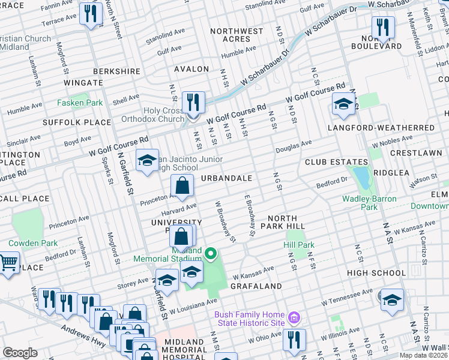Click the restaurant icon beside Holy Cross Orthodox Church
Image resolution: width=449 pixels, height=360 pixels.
click(x=193, y=103)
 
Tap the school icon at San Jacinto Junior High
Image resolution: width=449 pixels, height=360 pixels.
click(x=146, y=160)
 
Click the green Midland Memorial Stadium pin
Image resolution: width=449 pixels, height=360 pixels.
click(x=210, y=254)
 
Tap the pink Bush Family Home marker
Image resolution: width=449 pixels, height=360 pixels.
click(x=294, y=317)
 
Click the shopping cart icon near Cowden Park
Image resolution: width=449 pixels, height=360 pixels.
click(x=8, y=263)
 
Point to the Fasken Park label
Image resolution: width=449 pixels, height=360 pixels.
click(x=80, y=103)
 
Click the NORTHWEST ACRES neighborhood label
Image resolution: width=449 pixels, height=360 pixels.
click(x=237, y=35)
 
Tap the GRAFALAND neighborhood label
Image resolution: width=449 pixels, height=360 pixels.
click(x=256, y=286)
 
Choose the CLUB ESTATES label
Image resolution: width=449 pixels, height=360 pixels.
click(x=336, y=162)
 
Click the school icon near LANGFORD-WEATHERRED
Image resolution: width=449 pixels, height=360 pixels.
click(x=343, y=104)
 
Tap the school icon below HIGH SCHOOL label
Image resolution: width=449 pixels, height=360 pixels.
click(x=392, y=299)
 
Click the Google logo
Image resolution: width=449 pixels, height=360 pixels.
click(x=20, y=353)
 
